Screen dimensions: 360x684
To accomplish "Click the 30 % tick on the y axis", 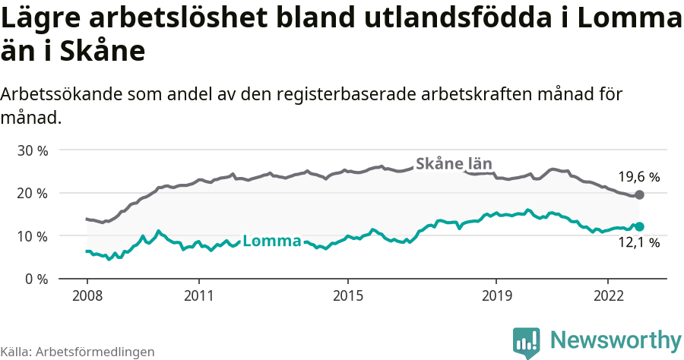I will point(32,150).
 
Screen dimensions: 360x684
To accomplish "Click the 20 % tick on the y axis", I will point(32,193).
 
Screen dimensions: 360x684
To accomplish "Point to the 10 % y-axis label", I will point(32,236).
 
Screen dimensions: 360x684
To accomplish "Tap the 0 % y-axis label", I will point(36,279).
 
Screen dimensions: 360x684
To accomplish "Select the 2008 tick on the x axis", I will point(87,295).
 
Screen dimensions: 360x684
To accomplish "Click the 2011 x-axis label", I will point(198,295).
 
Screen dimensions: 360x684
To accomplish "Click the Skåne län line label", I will point(454,163).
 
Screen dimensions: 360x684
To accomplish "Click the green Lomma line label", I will point(272,242).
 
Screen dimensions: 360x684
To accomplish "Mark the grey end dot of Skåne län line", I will point(639,195).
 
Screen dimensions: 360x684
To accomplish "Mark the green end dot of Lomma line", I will point(639,226).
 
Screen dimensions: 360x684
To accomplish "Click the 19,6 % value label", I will point(638,177).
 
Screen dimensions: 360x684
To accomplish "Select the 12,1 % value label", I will point(638,243).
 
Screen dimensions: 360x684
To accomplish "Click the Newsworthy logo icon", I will point(527,342).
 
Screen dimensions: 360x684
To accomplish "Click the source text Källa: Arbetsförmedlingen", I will point(78,352).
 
